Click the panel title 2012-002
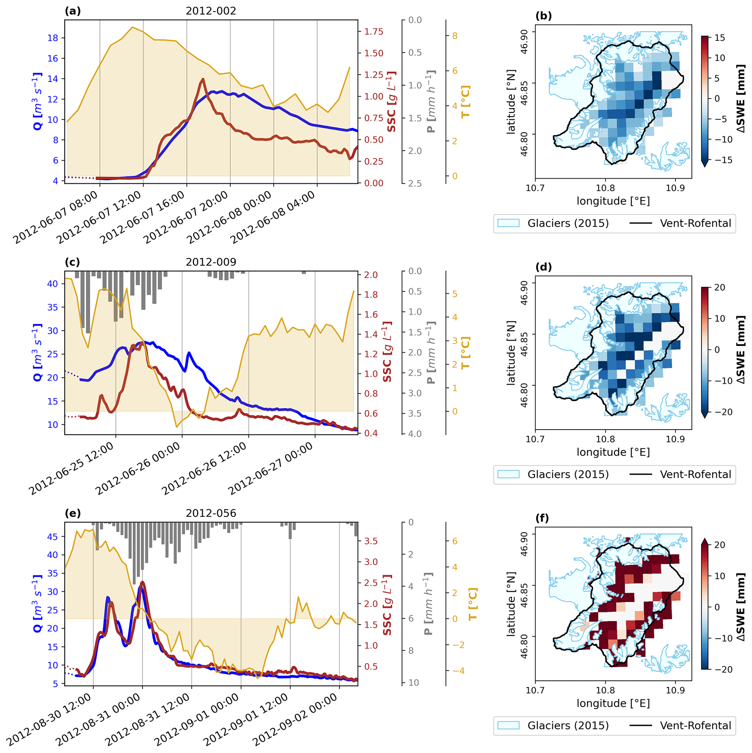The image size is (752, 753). click(x=211, y=11)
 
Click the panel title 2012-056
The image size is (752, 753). click(x=211, y=513)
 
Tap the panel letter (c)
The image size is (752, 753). click(x=72, y=262)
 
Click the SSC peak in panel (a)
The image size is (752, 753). click(x=203, y=79)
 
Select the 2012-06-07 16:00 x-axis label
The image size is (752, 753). click(x=142, y=218)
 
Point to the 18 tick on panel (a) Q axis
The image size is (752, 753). click(x=53, y=38)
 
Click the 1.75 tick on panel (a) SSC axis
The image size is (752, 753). click(x=374, y=32)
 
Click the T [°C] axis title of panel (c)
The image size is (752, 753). click(x=465, y=353)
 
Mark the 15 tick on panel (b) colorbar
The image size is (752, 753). click(x=720, y=38)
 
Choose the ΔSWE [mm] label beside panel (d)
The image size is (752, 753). click(x=740, y=350)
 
